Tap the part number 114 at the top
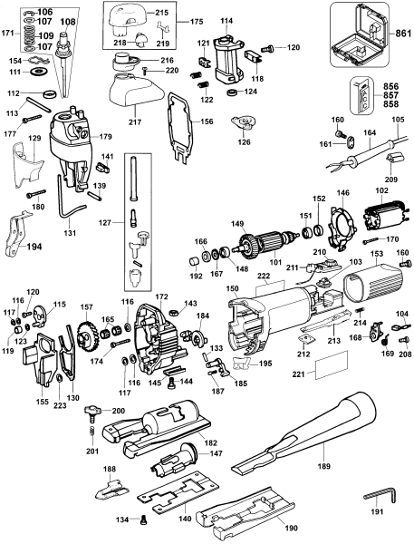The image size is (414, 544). coord(226,20)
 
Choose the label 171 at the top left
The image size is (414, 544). coord(8,32)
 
